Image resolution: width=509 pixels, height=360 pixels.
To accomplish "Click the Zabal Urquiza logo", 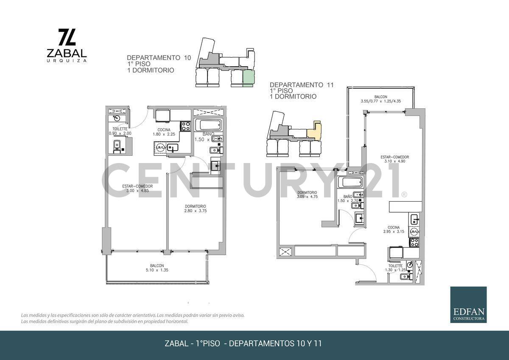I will click(x=67, y=45).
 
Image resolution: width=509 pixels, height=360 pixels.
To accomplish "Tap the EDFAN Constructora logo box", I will click(x=468, y=304).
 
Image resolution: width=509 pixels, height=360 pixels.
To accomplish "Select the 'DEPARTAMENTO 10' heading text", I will click(x=159, y=57).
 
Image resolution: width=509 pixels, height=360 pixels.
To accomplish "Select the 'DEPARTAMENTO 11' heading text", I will click(x=302, y=85).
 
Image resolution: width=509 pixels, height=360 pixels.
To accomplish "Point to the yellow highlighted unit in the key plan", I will click(x=314, y=131).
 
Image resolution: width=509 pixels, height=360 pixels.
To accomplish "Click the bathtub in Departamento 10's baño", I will click(x=208, y=125).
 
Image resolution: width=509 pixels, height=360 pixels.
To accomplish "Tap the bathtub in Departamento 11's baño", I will click(x=350, y=183).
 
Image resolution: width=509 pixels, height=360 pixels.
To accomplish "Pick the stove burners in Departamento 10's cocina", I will click(x=185, y=126).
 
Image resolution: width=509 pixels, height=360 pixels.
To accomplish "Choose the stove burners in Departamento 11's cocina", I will click(x=414, y=242).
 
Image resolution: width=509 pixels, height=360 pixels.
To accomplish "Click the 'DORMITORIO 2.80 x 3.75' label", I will click(x=195, y=208).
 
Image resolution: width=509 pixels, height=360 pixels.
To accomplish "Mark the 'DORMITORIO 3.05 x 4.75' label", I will click(x=307, y=194).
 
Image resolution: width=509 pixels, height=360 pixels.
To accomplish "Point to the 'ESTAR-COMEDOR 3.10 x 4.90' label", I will click(x=394, y=159).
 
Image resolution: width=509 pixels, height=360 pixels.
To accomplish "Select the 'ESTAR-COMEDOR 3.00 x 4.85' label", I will click(x=137, y=188).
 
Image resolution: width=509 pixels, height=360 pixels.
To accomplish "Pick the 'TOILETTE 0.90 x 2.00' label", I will click(x=120, y=131).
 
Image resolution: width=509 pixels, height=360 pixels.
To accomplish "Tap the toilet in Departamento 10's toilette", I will click(x=117, y=146).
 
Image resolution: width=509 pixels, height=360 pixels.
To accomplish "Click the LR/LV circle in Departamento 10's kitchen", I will click(x=161, y=148).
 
